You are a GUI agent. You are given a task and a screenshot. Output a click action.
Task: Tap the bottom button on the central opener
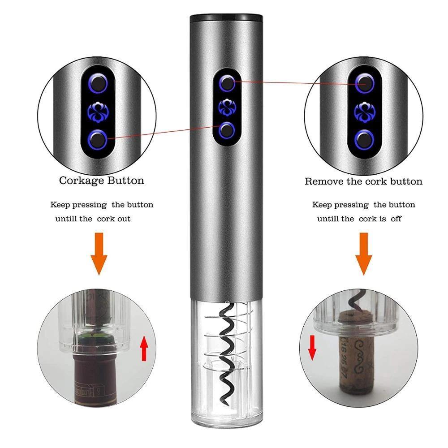[x=227, y=130]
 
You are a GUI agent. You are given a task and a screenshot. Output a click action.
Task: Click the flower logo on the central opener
[x=227, y=107]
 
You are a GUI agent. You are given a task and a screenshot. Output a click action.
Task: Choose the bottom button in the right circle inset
[x=365, y=140]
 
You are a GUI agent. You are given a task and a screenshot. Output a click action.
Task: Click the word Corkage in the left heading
[x=82, y=181]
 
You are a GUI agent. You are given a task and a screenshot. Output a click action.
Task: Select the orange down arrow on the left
[x=99, y=254]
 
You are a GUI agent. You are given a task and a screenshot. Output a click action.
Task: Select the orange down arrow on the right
[x=364, y=254]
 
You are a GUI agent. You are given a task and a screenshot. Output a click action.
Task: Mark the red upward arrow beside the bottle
[x=144, y=348]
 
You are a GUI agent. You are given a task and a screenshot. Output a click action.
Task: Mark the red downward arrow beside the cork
[x=312, y=348]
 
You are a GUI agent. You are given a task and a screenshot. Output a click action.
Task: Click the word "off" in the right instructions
[x=396, y=219]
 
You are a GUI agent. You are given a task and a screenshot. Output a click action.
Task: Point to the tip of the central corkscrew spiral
[x=228, y=405]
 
